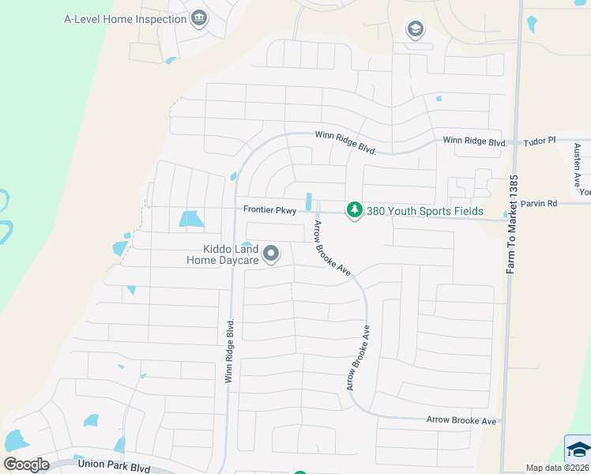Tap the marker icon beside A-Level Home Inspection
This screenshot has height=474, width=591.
click(x=198, y=18)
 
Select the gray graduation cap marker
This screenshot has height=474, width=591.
click(x=415, y=30)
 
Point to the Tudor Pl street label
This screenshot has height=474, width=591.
click(x=540, y=140)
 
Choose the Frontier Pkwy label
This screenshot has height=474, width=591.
click(x=269, y=210)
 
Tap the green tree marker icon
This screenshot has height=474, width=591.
click(x=355, y=210)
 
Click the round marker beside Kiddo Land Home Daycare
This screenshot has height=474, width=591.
click(x=271, y=254)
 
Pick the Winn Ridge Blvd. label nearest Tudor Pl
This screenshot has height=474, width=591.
click(x=474, y=141)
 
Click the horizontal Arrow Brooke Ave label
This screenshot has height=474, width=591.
click(x=461, y=421)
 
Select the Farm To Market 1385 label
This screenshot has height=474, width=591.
click(x=512, y=225)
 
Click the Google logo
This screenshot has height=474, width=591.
click(x=26, y=465)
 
